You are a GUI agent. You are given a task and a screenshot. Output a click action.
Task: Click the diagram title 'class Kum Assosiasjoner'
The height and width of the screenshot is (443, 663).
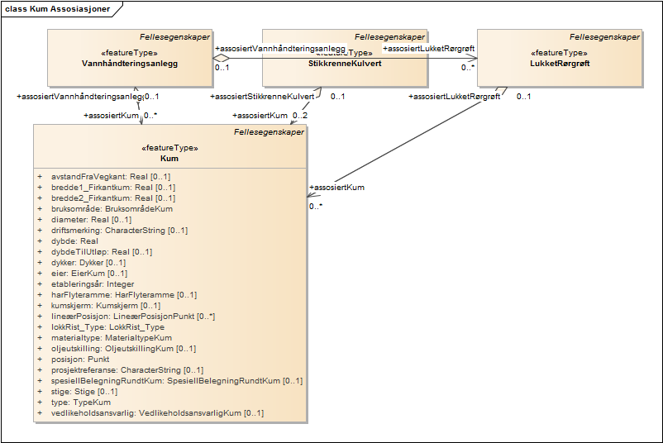point(58,8)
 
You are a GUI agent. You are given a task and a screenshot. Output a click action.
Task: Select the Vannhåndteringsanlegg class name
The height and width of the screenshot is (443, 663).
point(131,63)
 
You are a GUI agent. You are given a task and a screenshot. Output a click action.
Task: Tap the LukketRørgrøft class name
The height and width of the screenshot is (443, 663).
point(560,63)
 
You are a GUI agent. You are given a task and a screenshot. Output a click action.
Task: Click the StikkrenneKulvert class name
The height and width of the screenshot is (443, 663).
point(345,63)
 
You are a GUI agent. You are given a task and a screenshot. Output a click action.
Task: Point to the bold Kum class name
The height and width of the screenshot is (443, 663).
point(170,158)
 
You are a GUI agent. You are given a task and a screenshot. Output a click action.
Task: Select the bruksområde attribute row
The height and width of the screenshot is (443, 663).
point(112,208)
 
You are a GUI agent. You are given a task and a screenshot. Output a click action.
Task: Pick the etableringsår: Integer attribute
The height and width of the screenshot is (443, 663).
point(93,283)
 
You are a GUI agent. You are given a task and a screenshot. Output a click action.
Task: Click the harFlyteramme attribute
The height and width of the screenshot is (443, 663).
point(123,294)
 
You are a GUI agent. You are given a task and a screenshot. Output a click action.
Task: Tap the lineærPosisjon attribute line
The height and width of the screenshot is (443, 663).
point(132,316)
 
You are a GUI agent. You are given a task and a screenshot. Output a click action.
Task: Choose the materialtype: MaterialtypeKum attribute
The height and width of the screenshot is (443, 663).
point(112,337)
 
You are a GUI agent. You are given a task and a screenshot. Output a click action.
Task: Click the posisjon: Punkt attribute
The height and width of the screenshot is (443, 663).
point(80,359)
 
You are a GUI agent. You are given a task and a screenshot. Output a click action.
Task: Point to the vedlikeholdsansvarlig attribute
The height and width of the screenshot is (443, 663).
point(157,412)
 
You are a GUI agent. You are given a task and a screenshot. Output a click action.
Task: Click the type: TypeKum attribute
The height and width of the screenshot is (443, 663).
point(80,402)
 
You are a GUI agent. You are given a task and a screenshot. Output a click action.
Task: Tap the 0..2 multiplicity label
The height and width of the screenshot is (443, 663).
point(299,115)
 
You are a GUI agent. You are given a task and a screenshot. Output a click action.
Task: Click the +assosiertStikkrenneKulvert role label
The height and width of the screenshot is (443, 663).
point(262,97)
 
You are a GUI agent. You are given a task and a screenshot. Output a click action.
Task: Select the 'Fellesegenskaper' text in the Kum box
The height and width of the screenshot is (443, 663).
point(269,131)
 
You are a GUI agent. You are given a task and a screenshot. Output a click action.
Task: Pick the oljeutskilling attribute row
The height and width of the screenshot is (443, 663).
point(123,348)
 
